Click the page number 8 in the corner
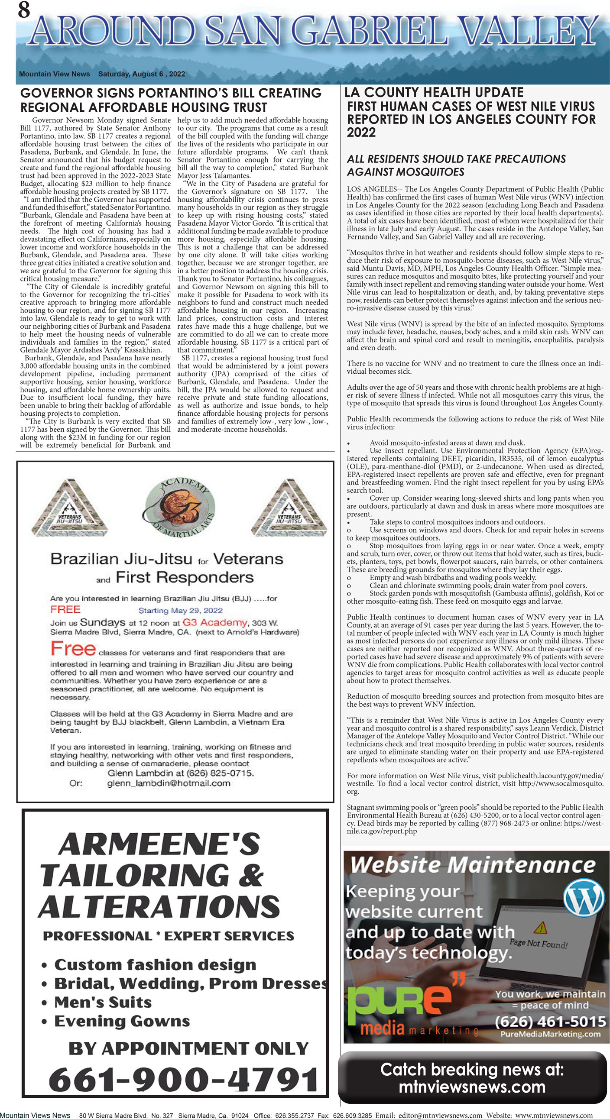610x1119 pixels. coord(24,10)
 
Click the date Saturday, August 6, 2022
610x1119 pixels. coord(141,74)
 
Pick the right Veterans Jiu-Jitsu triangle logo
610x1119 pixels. coord(289,508)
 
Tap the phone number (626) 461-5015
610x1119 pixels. coord(550,1021)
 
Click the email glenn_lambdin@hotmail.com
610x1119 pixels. coord(169,783)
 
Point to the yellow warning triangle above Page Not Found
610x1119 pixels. coord(541,928)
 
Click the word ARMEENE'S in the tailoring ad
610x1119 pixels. coord(159,844)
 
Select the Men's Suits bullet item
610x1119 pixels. coord(103,1002)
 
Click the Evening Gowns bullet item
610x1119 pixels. coord(122,1021)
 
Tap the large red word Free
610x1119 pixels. coord(73,649)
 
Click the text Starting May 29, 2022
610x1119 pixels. coord(180,610)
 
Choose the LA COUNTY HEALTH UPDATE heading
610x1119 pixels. coord(434,92)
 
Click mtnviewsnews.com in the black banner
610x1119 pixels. coord(472,1087)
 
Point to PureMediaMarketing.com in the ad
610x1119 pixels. coord(550,1034)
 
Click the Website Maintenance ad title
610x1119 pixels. coord(472,865)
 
